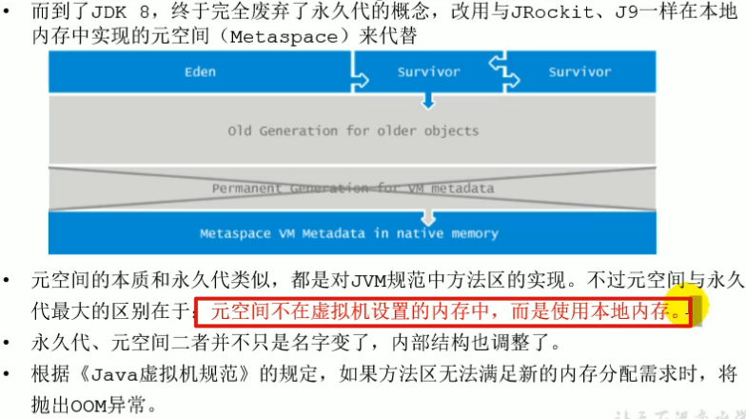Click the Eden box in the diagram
point(200,71)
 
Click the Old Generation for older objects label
point(353,130)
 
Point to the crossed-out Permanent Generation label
point(353,188)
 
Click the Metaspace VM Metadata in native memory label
point(348,232)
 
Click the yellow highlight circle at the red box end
point(687,308)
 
